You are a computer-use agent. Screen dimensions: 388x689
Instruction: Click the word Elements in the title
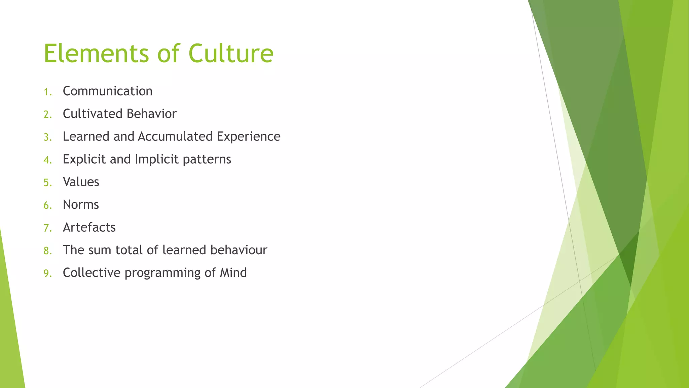point(96,54)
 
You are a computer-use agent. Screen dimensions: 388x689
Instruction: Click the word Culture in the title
point(231,54)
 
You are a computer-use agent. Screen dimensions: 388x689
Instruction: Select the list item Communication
point(108,91)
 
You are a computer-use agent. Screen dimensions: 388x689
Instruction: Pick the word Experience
point(249,136)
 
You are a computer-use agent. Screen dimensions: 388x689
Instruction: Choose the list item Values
point(81,182)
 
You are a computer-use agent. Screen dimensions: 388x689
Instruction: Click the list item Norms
point(81,205)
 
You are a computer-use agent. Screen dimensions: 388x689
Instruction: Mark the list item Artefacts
point(89,227)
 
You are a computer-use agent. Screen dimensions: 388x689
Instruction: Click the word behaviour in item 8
point(239,250)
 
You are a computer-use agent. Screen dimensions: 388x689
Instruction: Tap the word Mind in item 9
point(233,272)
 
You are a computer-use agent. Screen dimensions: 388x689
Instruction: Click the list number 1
point(47,92)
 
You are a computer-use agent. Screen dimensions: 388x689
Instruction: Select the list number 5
point(47,183)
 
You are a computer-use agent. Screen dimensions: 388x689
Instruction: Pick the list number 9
point(47,273)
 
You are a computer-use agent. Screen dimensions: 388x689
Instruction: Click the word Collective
point(92,272)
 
